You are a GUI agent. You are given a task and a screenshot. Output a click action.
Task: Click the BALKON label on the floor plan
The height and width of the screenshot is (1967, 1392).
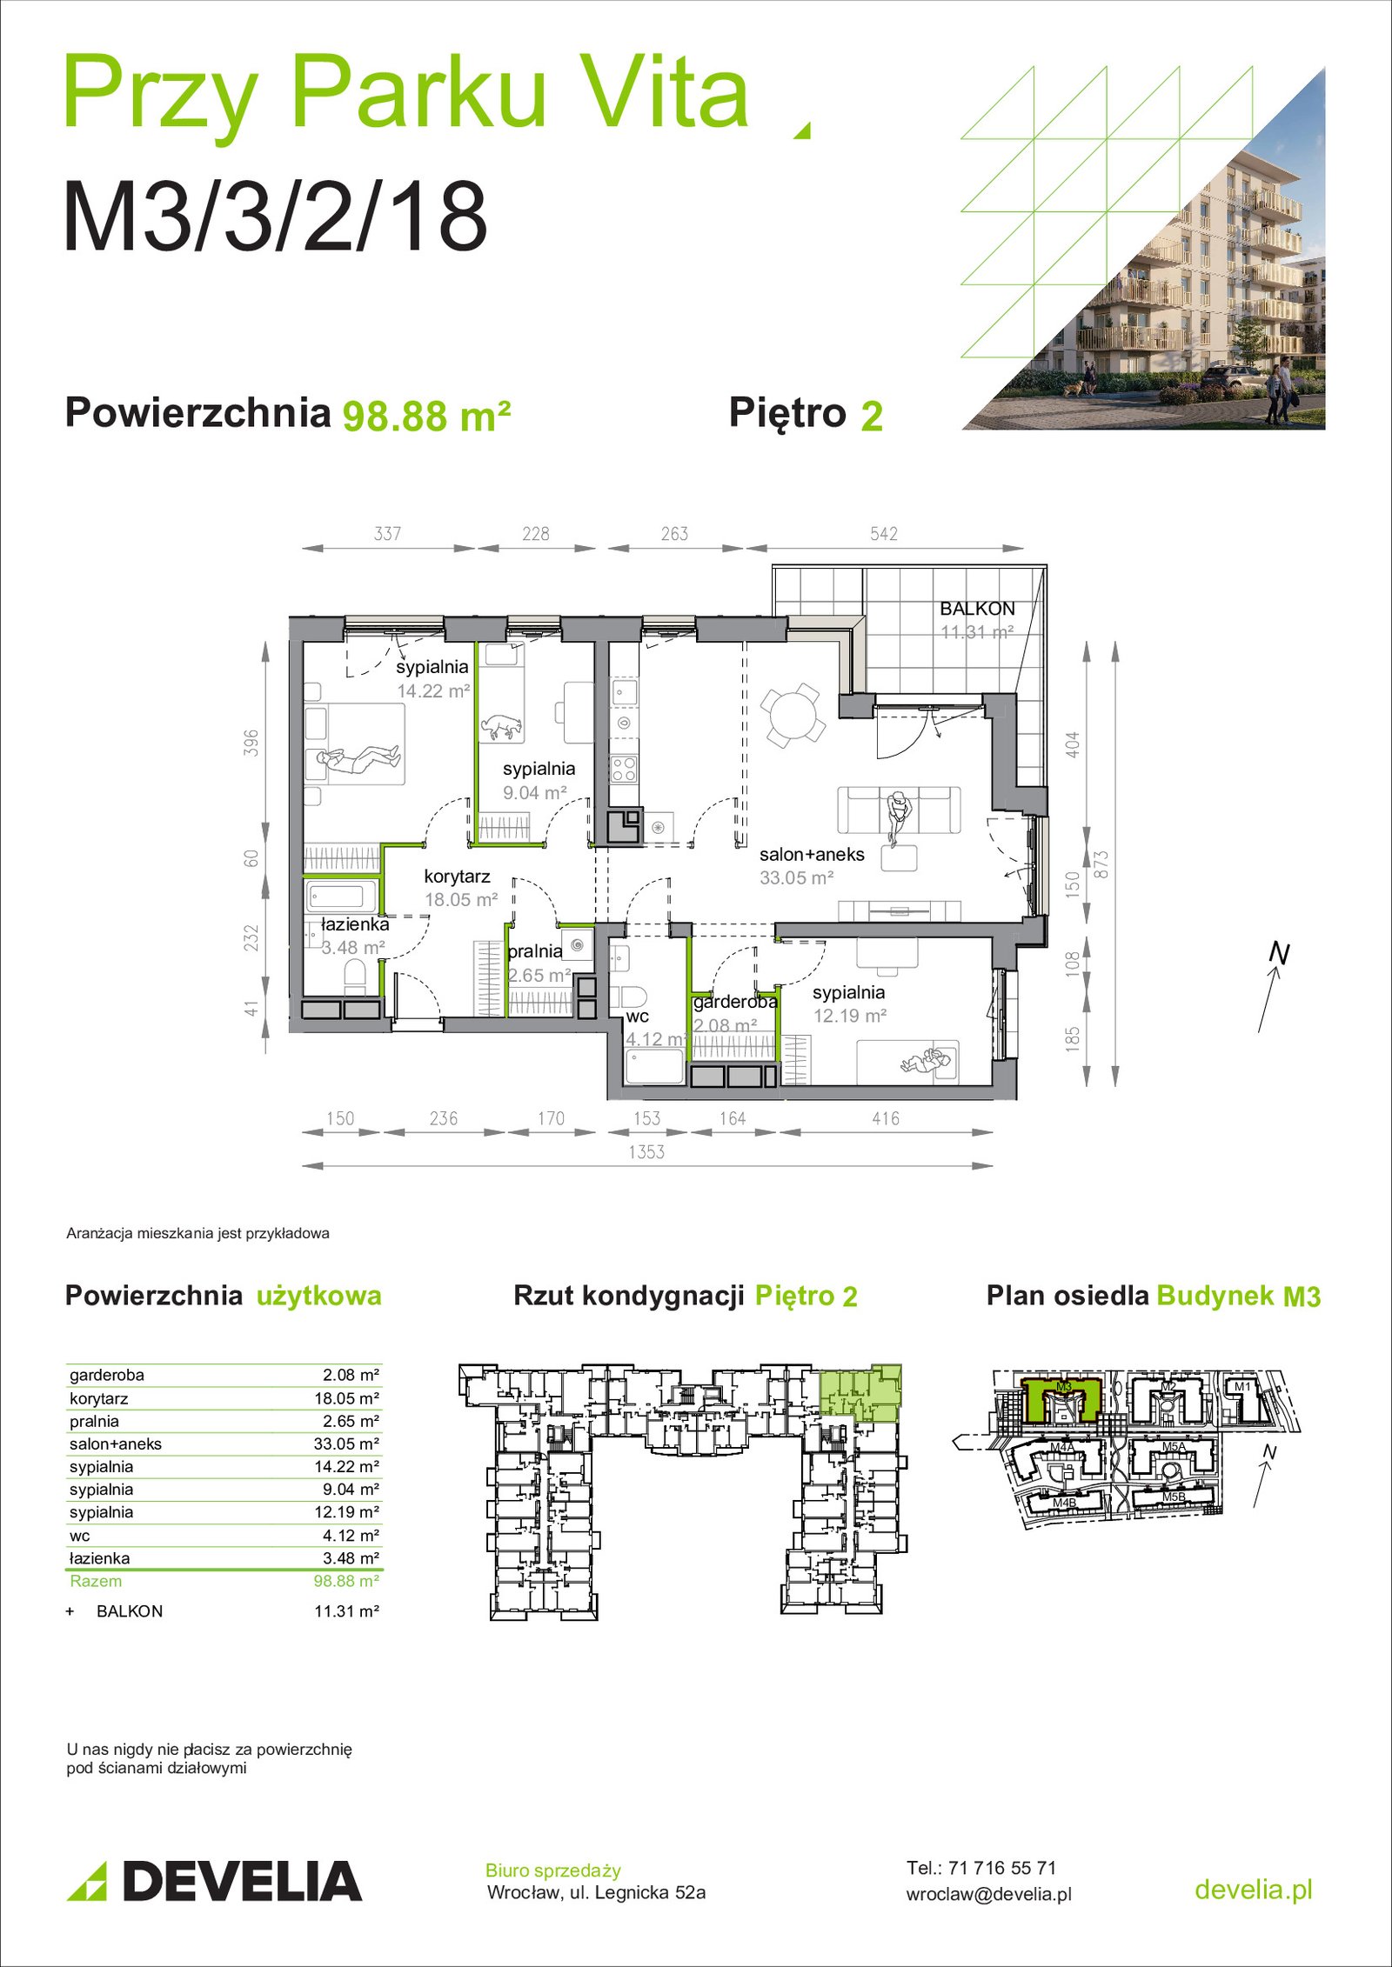(x=977, y=609)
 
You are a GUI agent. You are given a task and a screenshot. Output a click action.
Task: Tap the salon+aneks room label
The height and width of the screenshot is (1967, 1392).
(x=812, y=854)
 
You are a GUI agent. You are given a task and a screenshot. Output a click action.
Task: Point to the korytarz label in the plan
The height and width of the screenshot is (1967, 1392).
(x=457, y=877)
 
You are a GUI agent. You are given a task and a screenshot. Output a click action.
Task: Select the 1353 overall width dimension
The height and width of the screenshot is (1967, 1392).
(x=646, y=1152)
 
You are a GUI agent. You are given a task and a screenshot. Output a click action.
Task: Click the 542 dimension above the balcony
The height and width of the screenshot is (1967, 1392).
(x=884, y=534)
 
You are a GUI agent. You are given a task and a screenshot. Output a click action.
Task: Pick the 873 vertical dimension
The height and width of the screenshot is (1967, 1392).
(x=1101, y=864)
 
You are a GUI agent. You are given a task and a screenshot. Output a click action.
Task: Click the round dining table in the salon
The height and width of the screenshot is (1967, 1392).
(x=791, y=716)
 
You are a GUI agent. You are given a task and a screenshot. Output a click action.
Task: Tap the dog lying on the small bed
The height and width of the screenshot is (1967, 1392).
(x=503, y=725)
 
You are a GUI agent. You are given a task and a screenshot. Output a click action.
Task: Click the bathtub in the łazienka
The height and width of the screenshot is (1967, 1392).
(x=341, y=896)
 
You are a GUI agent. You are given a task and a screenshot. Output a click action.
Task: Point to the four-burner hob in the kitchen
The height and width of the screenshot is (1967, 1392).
(x=623, y=769)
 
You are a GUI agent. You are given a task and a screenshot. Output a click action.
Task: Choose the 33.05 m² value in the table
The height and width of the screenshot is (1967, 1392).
(x=346, y=1444)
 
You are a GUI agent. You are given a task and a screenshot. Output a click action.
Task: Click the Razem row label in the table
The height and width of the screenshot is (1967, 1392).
(x=96, y=1581)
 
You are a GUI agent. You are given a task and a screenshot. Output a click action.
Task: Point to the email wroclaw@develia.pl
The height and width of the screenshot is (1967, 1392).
(x=989, y=1894)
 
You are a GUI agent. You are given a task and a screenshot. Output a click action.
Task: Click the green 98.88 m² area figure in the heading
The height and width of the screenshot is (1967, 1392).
(x=426, y=416)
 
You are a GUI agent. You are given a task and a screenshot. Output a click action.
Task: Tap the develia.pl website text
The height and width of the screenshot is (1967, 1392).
(x=1254, y=1889)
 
